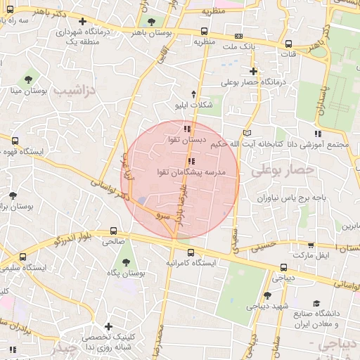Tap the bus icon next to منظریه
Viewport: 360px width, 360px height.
(204, 31)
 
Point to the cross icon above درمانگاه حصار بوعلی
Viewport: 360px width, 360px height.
(254, 71)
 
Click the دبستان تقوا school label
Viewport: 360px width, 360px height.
(186, 140)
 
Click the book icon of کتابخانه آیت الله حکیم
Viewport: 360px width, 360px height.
(245, 132)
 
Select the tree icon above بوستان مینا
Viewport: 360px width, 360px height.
(28, 79)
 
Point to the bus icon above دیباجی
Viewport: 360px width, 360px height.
(284, 267)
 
